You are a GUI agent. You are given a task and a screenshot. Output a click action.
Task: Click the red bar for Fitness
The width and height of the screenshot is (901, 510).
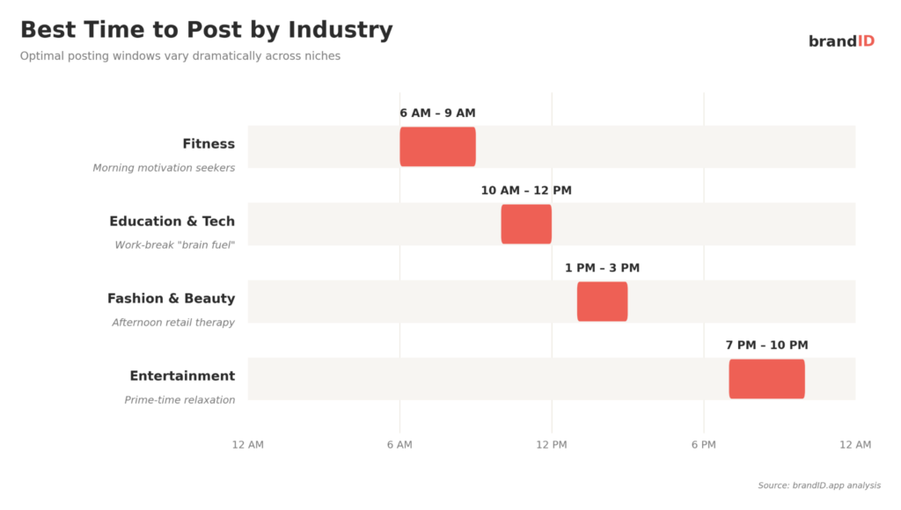(437, 147)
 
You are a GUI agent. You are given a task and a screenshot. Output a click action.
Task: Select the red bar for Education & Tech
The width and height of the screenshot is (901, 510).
(526, 224)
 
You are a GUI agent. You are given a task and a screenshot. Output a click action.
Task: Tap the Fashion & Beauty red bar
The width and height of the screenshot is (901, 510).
(602, 302)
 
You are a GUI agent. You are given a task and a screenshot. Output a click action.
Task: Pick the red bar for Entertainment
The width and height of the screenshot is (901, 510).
(766, 379)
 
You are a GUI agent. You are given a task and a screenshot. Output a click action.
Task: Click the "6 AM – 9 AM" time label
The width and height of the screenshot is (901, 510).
(437, 113)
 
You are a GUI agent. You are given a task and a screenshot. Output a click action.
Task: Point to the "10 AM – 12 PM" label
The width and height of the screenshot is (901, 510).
(526, 191)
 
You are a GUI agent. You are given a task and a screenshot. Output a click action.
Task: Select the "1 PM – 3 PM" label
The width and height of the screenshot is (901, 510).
(602, 268)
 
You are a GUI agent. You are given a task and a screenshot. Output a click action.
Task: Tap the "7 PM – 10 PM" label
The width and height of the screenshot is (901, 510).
(766, 346)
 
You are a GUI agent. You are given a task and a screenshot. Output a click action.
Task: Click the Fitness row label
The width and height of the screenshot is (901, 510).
(209, 144)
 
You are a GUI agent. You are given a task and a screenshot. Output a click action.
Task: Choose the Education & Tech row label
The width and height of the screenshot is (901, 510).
(172, 222)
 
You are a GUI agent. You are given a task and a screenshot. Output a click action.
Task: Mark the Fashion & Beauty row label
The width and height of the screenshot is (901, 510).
(171, 299)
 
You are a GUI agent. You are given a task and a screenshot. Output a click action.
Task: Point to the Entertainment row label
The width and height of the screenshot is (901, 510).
(182, 376)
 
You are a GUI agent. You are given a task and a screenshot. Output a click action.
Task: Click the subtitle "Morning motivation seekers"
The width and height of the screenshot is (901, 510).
(164, 168)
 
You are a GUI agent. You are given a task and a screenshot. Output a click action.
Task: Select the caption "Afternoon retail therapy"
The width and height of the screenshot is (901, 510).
(173, 323)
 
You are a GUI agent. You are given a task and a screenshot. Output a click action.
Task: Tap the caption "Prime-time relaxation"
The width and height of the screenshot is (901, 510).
(179, 400)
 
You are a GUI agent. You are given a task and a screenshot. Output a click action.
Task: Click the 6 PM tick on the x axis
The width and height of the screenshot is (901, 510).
(703, 445)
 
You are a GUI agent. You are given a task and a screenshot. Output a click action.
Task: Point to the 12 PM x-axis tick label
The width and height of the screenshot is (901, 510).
(552, 445)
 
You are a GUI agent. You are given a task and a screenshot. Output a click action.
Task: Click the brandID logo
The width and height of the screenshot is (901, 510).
(841, 41)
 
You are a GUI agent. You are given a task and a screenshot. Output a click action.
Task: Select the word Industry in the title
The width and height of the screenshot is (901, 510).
(341, 30)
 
